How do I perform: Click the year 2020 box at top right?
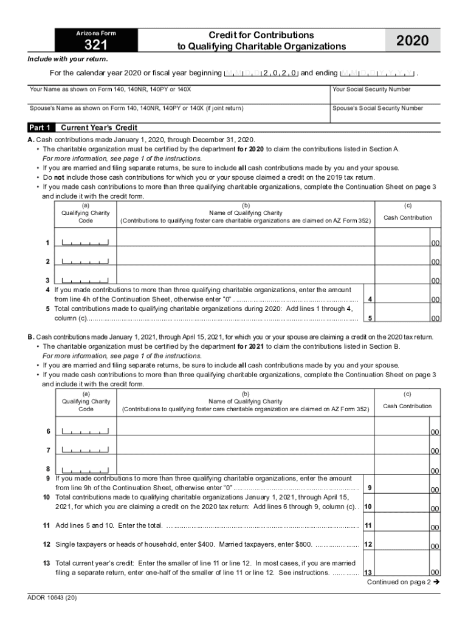(412, 41)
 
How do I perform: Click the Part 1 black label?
(41, 128)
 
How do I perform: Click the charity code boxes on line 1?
(85, 243)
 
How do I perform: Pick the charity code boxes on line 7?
(85, 450)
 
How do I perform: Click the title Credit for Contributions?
(262, 35)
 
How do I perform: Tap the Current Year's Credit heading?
(98, 128)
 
